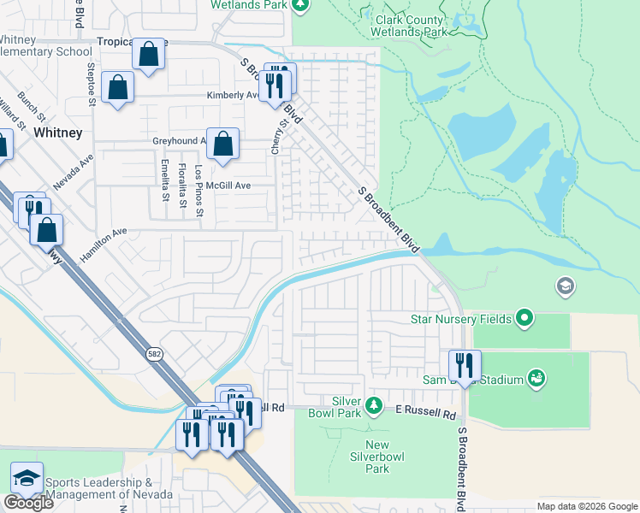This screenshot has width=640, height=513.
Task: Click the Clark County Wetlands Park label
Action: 408,26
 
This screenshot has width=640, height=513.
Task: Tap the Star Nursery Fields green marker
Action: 525,320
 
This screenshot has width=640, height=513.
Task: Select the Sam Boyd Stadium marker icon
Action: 536,377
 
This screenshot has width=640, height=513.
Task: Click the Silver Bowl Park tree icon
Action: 373,404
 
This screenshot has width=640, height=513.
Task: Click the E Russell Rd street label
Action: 425,413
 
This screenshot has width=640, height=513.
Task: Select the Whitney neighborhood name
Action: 58,133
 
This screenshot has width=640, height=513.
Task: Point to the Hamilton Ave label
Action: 104,244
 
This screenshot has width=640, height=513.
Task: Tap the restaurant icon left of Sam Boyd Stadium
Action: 465,365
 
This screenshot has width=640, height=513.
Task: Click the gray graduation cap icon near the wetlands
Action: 565,286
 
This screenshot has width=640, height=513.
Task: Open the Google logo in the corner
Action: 27,503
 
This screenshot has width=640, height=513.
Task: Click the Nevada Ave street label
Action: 73,173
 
